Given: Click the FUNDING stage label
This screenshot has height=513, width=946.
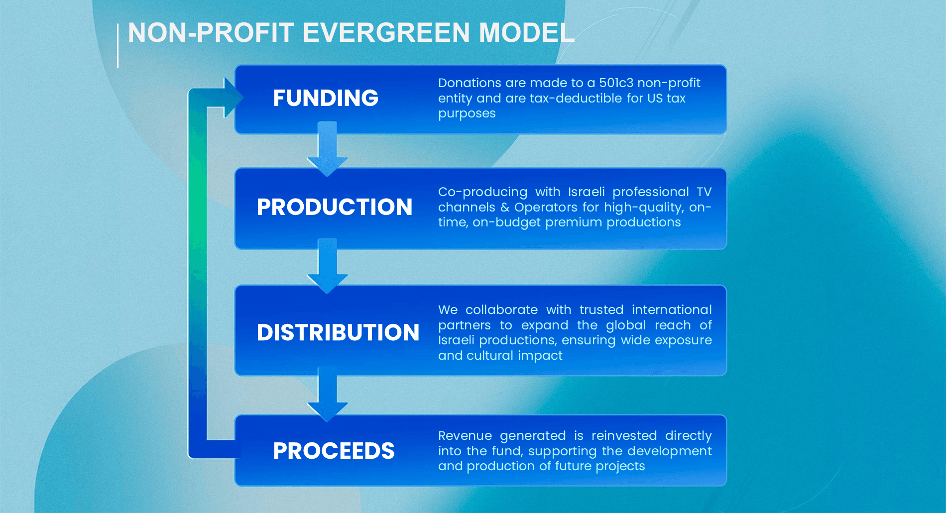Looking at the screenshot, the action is pyautogui.click(x=326, y=98).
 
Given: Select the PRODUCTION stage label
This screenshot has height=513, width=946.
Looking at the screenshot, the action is pyautogui.click(x=335, y=207).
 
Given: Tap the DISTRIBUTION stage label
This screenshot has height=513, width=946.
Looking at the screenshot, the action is pyautogui.click(x=338, y=332).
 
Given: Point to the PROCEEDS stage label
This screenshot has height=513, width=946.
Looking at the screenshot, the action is pyautogui.click(x=334, y=451).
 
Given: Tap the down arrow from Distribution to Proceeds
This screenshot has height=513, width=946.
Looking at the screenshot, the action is pyautogui.click(x=327, y=394).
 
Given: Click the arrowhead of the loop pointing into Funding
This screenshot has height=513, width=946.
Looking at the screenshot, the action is pyautogui.click(x=234, y=98).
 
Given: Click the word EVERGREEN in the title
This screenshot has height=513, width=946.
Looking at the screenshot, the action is pyautogui.click(x=386, y=33).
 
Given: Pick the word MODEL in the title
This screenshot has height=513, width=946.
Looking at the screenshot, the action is pyautogui.click(x=526, y=33).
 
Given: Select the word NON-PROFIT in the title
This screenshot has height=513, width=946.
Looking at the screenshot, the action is pyautogui.click(x=211, y=33).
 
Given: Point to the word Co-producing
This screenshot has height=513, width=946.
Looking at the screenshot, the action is pyautogui.click(x=482, y=193).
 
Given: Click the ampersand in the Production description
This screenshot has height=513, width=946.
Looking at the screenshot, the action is pyautogui.click(x=505, y=207).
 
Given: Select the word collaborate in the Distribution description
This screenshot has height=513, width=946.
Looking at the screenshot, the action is pyautogui.click(x=501, y=309).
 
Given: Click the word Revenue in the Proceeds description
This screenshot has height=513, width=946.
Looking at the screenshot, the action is pyautogui.click(x=465, y=435).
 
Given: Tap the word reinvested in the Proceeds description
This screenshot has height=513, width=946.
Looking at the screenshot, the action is pyautogui.click(x=624, y=435).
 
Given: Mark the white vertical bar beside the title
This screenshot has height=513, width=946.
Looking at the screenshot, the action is pyautogui.click(x=118, y=46).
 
